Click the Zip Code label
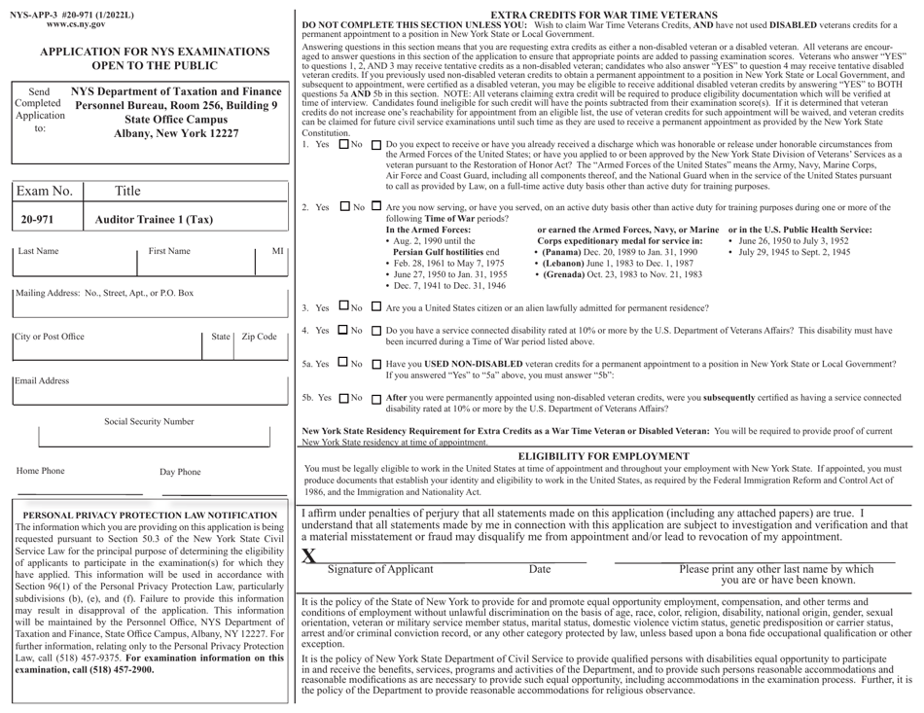point(260,337)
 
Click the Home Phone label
point(40,472)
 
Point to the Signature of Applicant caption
point(380,569)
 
